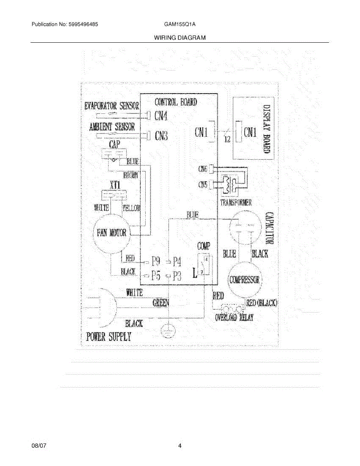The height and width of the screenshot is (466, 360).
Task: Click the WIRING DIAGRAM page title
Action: [180, 38]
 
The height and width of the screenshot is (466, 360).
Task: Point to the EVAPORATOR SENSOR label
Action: [112, 106]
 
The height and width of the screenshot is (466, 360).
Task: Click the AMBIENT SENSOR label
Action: [112, 127]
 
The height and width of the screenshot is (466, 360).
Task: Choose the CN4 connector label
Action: [161, 115]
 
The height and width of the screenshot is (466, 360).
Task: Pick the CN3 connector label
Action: [161, 136]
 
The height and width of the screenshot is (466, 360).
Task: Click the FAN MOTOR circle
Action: [111, 233]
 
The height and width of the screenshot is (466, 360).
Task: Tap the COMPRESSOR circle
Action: [245, 280]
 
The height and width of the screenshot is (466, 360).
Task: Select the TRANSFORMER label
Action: [236, 202]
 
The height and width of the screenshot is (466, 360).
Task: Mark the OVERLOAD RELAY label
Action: [234, 318]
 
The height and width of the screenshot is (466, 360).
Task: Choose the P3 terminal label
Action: [177, 276]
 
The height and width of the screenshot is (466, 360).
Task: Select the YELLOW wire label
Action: [132, 208]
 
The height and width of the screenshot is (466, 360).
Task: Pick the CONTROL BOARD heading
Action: [176, 102]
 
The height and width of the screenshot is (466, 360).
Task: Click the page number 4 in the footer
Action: [180, 446]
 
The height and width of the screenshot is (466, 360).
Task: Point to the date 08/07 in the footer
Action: [37, 446]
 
